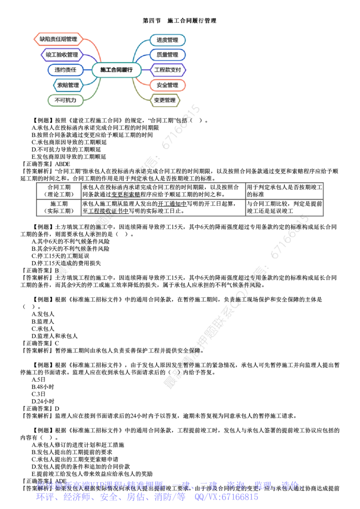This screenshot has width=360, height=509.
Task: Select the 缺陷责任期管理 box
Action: point(58,39)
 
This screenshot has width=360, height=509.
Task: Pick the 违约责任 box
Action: point(66,70)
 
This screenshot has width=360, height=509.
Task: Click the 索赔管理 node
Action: point(67,85)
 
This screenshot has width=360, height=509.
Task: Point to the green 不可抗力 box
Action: point(66,100)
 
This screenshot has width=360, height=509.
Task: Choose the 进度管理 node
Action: point(167,40)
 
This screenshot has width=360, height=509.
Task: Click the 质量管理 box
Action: point(167,55)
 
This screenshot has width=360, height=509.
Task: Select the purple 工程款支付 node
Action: point(167,70)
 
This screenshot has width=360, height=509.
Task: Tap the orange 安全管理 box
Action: point(167,85)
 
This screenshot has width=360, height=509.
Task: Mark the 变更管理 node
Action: point(164,100)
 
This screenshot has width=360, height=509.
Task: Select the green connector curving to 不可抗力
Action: point(93,92)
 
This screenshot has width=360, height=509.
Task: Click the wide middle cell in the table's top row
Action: point(163,191)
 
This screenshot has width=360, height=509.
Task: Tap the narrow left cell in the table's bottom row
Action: point(58,207)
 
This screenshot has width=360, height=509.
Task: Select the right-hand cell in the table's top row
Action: point(284,191)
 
